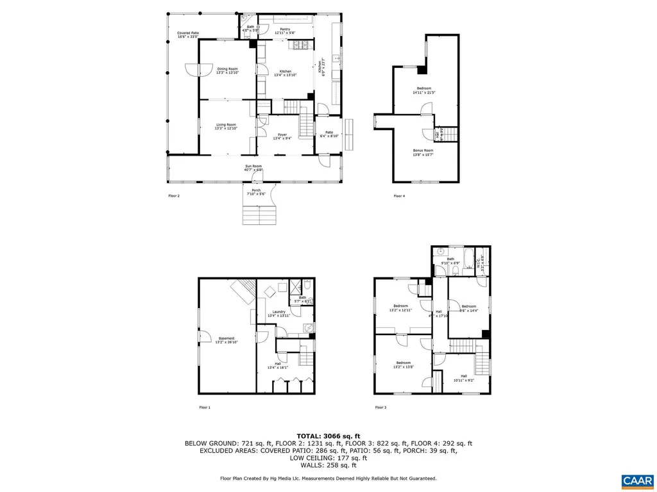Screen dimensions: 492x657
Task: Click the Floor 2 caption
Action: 174,196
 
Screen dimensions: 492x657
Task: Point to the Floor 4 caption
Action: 399,196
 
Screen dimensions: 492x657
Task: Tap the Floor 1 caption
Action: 204,407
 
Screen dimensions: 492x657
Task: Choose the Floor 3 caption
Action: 381,407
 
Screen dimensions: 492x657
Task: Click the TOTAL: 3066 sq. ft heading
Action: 328,435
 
